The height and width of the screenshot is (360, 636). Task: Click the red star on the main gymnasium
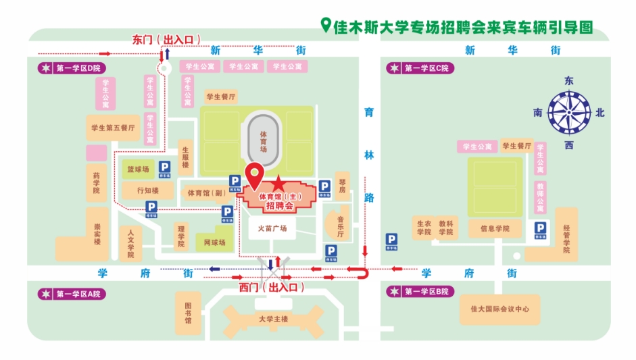pos(278,182)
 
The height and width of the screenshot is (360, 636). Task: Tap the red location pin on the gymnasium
pos(254,175)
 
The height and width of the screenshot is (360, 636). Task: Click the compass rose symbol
pos(568,113)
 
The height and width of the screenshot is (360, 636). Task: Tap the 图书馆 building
pos(188,313)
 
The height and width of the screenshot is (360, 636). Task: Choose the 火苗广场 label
pos(272,228)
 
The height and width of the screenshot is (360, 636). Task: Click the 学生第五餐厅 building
pos(113,127)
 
